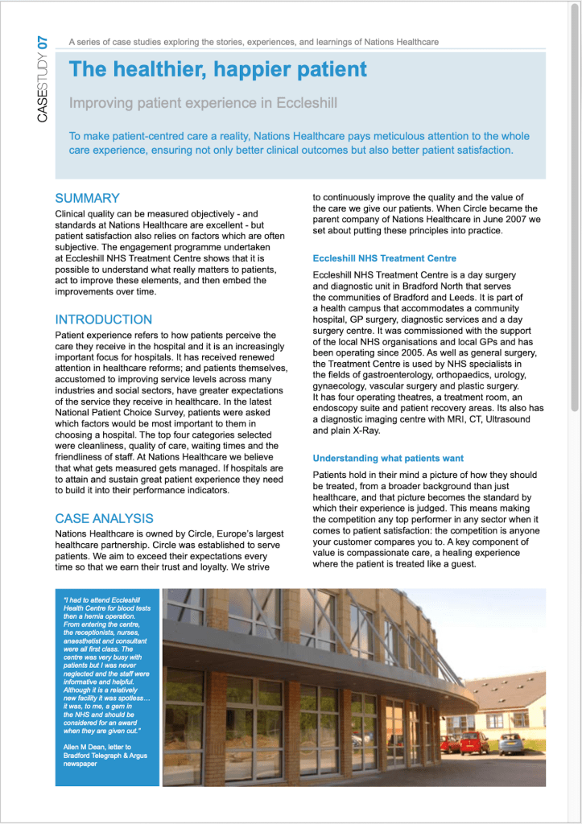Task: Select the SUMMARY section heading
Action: (87, 198)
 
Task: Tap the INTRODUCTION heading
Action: (103, 319)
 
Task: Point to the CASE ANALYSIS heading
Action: (104, 519)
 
